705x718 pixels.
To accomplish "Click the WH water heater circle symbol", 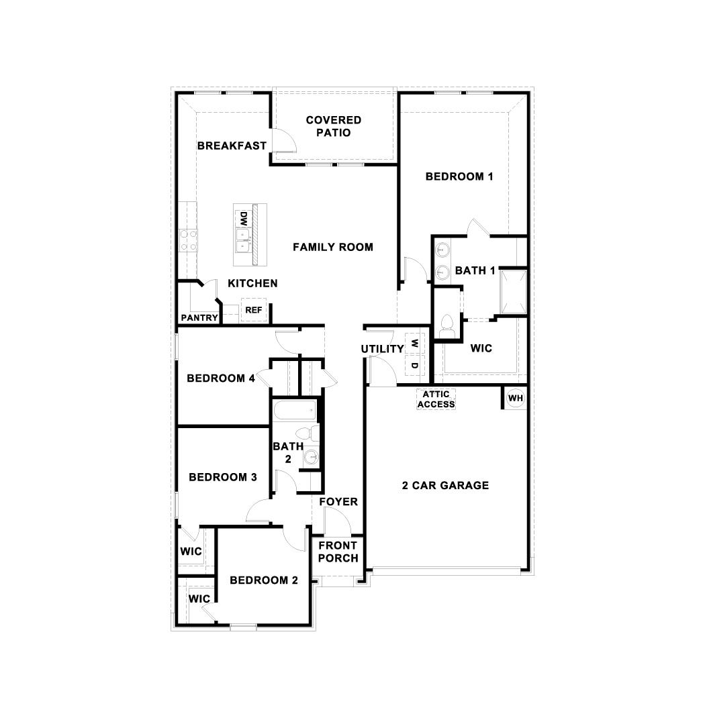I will coord(516,398).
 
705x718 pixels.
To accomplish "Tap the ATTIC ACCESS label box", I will coord(436,399).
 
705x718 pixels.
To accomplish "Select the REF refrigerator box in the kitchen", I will coord(253,310).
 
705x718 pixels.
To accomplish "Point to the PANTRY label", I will coord(199,318).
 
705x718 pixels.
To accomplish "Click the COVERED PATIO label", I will coord(334,126).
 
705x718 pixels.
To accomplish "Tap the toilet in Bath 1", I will coord(446,327).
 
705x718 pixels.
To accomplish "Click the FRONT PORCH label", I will coord(338,552).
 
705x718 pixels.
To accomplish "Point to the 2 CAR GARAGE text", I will coord(445,485).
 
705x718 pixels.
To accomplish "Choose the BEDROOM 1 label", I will coord(460,176).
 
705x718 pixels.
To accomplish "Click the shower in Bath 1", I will coord(512,292).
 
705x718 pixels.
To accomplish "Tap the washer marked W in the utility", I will coord(414,343).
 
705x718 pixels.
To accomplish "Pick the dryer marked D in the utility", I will coord(414,366).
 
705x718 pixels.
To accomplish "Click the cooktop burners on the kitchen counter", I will coord(188,240).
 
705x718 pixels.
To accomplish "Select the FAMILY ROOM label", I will coord(333,247).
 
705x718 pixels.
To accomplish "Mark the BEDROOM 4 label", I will coord(221,378).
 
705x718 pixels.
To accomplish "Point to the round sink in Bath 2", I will coord(310,458).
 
